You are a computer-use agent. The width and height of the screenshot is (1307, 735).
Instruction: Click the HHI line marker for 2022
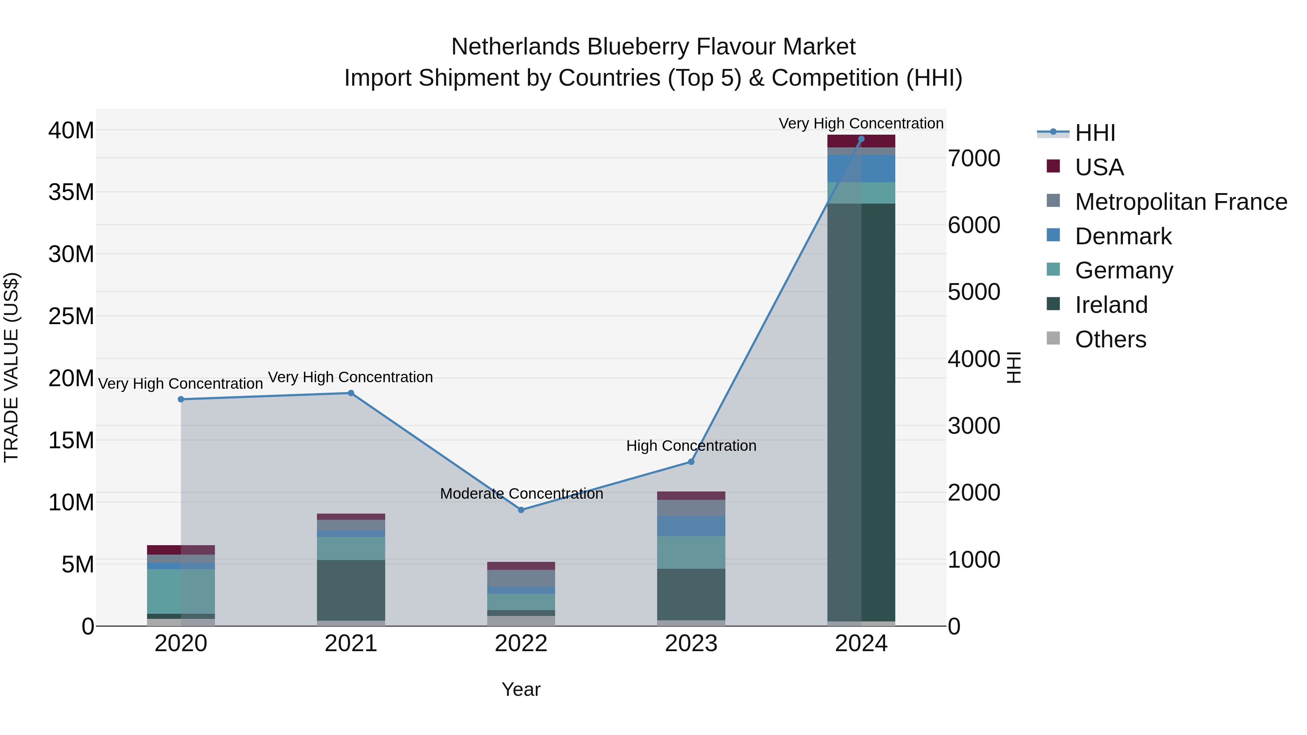(521, 510)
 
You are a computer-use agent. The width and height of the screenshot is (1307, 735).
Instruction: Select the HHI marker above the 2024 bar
(861, 139)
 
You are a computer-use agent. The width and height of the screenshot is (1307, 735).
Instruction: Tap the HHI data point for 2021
(351, 393)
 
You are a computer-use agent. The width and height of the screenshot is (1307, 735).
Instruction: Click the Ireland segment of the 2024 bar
(861, 411)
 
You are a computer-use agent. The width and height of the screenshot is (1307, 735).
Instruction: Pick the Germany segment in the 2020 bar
(181, 591)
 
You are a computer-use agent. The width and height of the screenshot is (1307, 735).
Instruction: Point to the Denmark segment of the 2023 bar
(691, 526)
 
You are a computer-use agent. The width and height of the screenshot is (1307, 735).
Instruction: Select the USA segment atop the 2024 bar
(861, 141)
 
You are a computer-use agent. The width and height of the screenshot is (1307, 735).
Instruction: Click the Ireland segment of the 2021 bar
(351, 590)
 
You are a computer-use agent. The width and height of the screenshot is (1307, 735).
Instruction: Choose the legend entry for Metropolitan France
(1181, 202)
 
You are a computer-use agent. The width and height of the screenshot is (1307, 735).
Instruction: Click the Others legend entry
(1110, 339)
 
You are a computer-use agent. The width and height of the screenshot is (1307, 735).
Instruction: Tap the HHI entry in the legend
(1095, 133)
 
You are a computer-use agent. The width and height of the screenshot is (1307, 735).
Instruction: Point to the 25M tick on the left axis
(71, 317)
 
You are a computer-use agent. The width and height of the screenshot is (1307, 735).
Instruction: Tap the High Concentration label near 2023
(691, 446)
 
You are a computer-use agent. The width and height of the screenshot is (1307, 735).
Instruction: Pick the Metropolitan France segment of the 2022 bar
(521, 578)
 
